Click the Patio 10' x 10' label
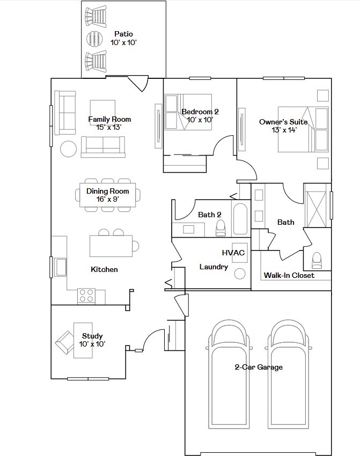click(x=124, y=38)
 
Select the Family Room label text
click(x=109, y=119)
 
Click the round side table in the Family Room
click(x=68, y=149)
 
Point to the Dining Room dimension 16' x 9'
click(x=108, y=199)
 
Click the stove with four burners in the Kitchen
click(x=86, y=296)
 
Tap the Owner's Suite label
click(x=283, y=122)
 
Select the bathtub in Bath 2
click(x=240, y=218)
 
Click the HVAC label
click(x=233, y=253)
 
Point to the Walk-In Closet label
click(x=289, y=275)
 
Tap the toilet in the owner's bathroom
click(x=317, y=260)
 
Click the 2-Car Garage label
click(x=259, y=367)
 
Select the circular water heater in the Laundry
click(x=240, y=274)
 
